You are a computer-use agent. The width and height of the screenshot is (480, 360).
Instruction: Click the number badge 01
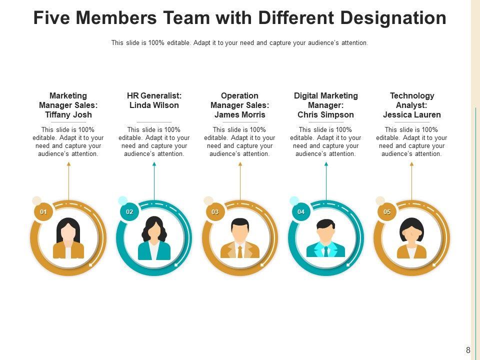(43, 212)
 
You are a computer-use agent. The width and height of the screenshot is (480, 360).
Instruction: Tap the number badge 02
(129, 212)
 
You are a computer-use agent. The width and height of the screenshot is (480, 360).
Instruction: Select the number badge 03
(215, 212)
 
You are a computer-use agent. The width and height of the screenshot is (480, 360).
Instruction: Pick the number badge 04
(301, 212)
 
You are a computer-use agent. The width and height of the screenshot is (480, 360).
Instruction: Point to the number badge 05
(387, 212)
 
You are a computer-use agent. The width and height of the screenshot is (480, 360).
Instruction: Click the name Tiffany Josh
(68, 114)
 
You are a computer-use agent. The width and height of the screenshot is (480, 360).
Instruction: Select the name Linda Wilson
(154, 105)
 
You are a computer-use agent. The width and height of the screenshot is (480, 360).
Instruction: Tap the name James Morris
(240, 114)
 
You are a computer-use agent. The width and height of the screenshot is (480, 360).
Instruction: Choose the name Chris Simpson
(325, 114)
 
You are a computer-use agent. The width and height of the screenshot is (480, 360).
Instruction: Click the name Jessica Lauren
(411, 114)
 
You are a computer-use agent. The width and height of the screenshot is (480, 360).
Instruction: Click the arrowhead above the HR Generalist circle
(154, 164)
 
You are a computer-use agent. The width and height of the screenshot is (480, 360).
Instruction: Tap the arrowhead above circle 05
(411, 164)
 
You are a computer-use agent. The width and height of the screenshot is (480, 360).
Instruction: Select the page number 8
(468, 350)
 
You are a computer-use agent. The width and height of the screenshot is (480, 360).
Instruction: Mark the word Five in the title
(53, 18)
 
